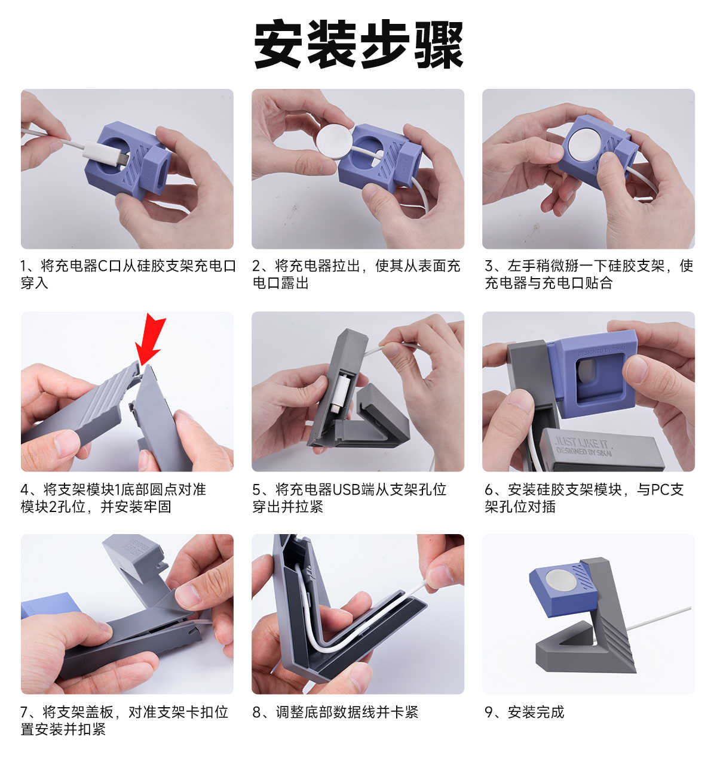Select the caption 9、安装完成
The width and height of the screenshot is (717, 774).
tap(524, 712)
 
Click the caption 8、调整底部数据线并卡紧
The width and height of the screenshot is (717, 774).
tap(335, 712)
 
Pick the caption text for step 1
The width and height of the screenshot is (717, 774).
tap(128, 274)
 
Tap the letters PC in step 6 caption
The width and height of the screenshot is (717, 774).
tap(660, 490)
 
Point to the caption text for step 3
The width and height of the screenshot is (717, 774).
tap(589, 274)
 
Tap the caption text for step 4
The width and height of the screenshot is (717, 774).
tap(114, 498)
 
